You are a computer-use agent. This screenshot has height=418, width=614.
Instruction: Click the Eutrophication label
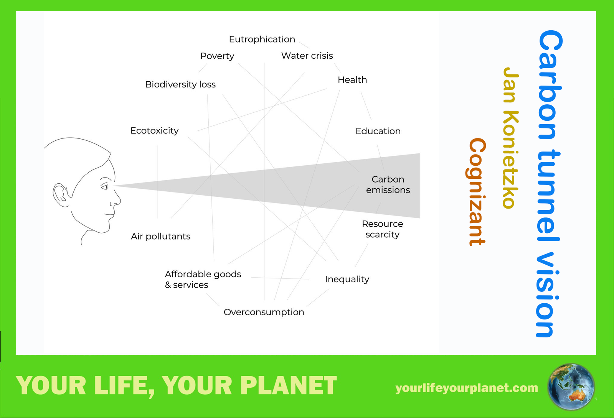coord(262,39)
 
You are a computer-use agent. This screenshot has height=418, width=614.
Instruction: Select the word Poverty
coord(217,56)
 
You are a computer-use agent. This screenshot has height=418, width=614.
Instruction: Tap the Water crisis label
coord(307,56)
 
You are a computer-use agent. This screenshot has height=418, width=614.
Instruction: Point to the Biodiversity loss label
coord(180,84)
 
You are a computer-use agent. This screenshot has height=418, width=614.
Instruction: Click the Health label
coord(352,80)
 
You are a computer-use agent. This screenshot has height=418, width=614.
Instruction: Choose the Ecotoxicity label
coord(155,131)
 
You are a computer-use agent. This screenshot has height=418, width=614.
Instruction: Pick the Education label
coord(378,131)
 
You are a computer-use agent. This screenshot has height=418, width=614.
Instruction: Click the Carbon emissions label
coord(388,184)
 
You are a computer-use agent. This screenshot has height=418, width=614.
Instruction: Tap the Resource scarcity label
coord(382,229)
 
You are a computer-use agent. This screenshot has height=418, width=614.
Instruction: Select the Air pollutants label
coord(160,236)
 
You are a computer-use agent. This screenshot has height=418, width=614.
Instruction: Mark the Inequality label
coord(347,279)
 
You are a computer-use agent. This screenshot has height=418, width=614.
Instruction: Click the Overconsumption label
coord(264,312)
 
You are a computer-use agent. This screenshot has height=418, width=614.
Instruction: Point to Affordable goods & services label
coord(203,280)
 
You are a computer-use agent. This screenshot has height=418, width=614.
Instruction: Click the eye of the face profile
coord(105,187)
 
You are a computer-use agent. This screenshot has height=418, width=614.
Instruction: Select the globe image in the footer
coord(571,387)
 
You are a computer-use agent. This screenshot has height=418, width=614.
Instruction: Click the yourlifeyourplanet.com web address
coord(467,388)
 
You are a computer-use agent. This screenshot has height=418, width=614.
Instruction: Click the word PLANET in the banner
coord(288,385)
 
